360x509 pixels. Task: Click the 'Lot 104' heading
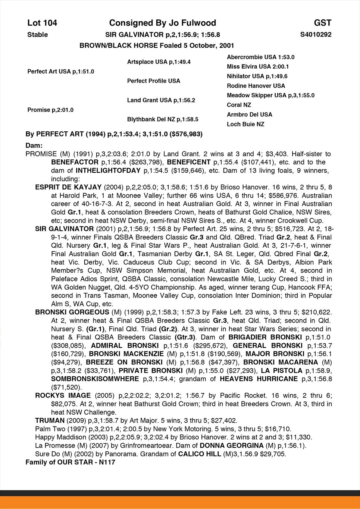point(42,23)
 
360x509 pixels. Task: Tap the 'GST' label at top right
point(323,23)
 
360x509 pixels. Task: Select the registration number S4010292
point(316,35)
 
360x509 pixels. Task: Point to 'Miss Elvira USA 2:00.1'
point(258,67)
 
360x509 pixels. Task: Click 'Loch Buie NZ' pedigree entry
point(245,124)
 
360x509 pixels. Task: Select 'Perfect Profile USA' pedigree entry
point(153,81)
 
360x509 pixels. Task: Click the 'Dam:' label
point(34,145)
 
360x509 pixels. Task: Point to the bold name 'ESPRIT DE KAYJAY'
point(68,187)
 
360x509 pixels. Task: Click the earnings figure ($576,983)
point(186,134)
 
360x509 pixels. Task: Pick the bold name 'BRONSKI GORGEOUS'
point(72,312)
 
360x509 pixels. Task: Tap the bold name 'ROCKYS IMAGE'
point(63,396)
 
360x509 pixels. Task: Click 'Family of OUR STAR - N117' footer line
point(70,462)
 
